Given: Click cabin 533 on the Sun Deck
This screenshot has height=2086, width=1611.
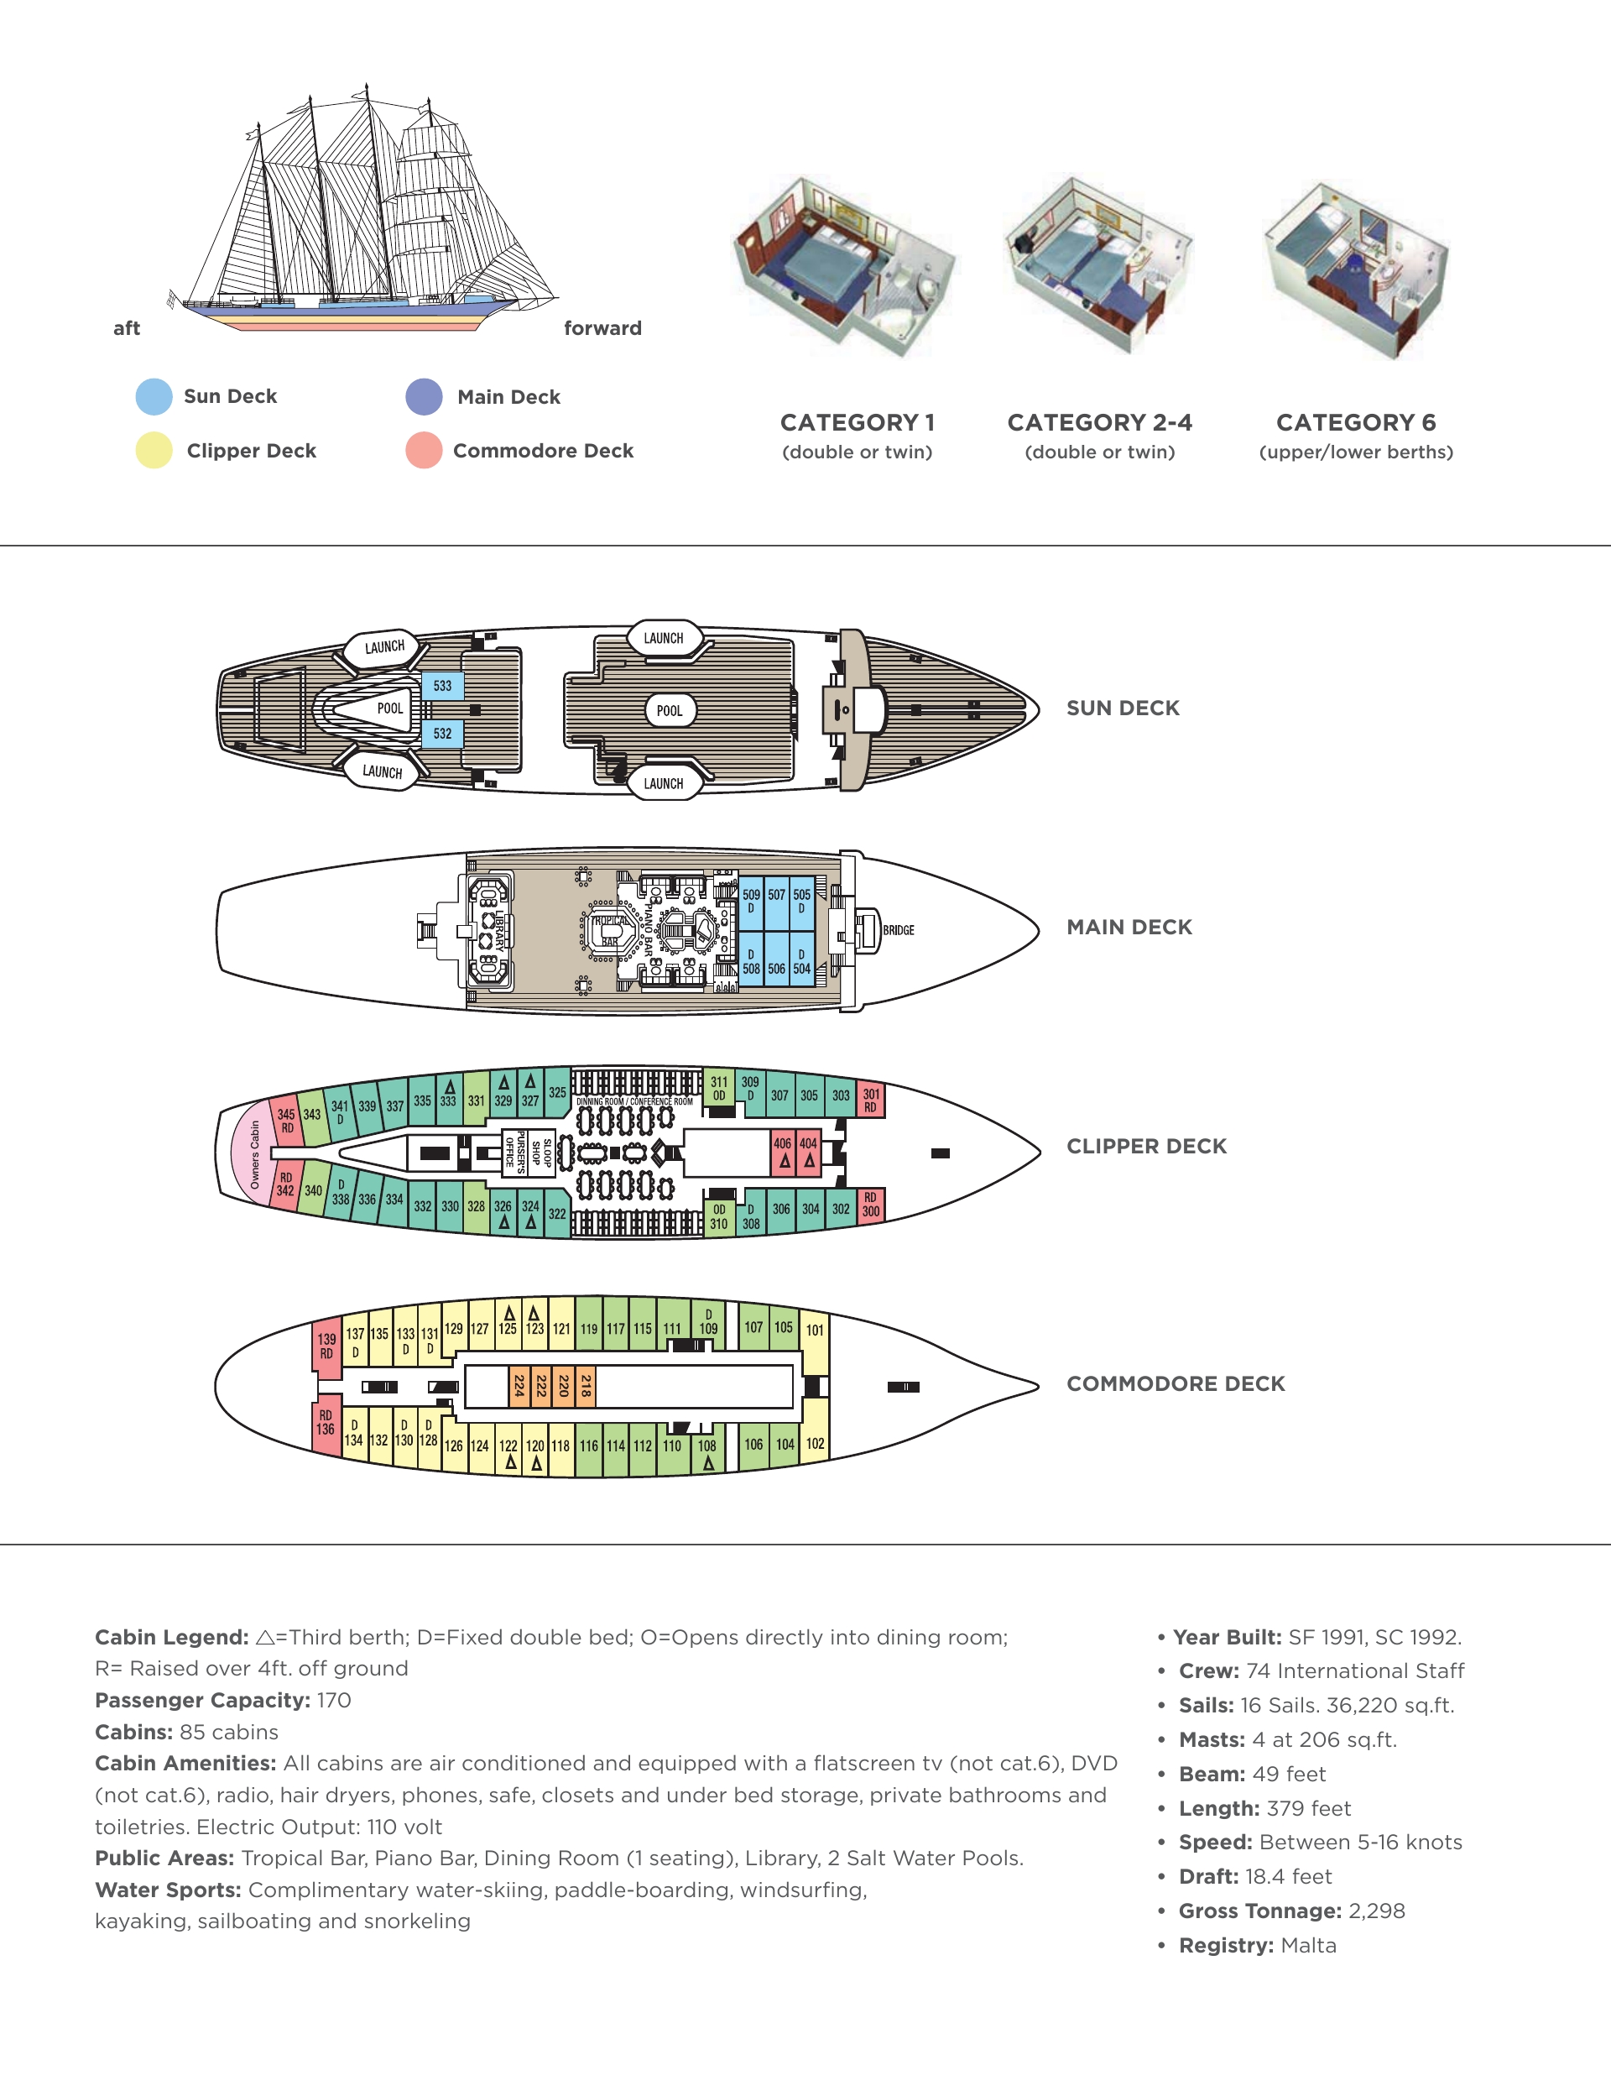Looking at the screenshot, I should click(442, 686).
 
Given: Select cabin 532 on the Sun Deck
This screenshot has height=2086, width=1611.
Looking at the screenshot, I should click(442, 734).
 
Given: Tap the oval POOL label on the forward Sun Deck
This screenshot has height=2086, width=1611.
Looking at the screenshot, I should click(670, 711).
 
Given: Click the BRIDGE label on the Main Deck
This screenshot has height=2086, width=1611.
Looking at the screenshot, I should click(898, 930).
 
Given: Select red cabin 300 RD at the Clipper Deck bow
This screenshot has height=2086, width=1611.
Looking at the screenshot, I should click(870, 1205).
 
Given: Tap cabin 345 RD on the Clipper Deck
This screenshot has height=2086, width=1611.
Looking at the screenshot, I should click(286, 1121).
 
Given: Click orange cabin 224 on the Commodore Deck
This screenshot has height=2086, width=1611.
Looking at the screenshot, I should click(519, 1385).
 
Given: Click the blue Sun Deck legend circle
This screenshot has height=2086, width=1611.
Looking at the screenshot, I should click(154, 396).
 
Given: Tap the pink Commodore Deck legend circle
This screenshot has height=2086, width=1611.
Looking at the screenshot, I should click(423, 450).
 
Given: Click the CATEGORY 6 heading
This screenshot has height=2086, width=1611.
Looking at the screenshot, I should click(1355, 422).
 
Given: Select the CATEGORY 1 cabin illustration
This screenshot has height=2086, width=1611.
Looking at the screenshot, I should click(846, 268).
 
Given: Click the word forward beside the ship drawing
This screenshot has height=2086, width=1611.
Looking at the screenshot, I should click(602, 327).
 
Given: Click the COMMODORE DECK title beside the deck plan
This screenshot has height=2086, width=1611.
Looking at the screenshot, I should click(1175, 1384).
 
